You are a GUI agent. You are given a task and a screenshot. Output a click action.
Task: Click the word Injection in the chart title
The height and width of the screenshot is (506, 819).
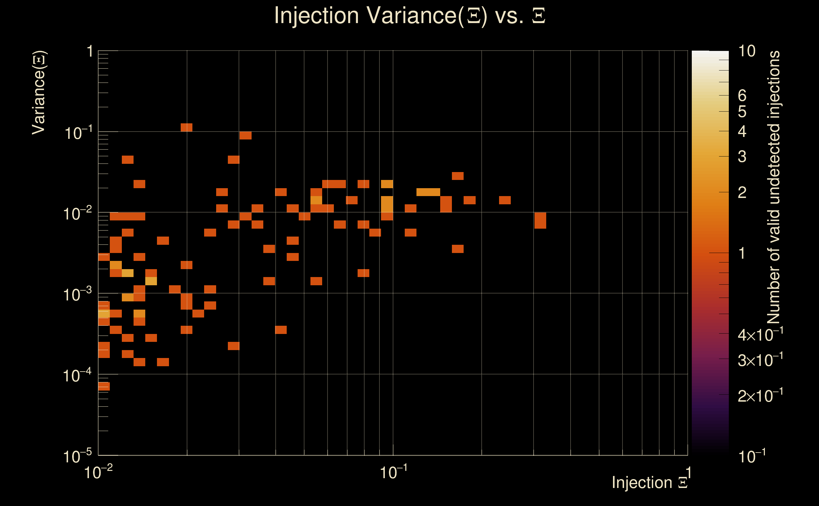pyautogui.click(x=316, y=15)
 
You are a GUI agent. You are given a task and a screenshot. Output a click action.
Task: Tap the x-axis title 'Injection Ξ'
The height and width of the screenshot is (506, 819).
pyautogui.click(x=650, y=483)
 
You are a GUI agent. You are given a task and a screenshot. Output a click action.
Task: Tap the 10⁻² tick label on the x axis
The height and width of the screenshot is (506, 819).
pyautogui.click(x=98, y=472)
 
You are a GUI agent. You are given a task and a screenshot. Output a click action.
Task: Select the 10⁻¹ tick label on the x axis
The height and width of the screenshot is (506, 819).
pyautogui.click(x=393, y=472)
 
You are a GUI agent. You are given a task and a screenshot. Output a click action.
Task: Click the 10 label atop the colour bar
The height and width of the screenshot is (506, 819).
pyautogui.click(x=747, y=51)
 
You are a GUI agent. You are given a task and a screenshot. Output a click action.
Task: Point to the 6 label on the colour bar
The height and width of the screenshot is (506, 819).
pyautogui.click(x=742, y=96)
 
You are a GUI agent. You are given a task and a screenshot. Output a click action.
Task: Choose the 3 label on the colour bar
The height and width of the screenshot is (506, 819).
pyautogui.click(x=742, y=157)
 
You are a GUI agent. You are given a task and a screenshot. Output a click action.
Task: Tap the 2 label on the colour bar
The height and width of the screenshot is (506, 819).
pyautogui.click(x=742, y=192)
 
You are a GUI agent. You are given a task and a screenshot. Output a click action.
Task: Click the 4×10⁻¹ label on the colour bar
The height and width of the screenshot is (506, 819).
pyautogui.click(x=760, y=334)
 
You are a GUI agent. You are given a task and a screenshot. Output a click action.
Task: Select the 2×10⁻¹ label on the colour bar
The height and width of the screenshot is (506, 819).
pyautogui.click(x=760, y=396)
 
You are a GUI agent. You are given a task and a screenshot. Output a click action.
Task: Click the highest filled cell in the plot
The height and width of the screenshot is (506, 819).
pyautogui.click(x=186, y=127)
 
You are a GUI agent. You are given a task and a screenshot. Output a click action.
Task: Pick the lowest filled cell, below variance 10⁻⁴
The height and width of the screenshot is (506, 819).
pyautogui.click(x=104, y=386)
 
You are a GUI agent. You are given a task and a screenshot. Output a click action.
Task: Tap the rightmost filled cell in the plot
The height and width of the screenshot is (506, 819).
pyautogui.click(x=540, y=220)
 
